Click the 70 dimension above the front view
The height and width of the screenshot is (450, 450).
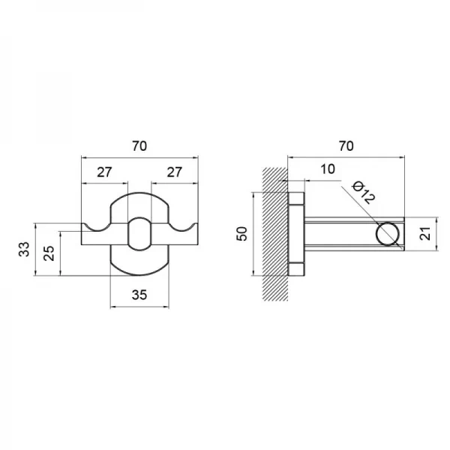[x=139, y=146]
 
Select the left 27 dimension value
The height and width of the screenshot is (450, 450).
[x=104, y=172]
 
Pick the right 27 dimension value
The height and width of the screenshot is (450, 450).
[x=175, y=172]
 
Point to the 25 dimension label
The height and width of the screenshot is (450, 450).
[x=49, y=253]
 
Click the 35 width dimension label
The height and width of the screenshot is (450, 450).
[x=139, y=295]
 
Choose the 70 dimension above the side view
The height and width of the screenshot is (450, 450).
[x=346, y=146]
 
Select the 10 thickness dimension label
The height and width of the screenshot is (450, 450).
[x=328, y=169]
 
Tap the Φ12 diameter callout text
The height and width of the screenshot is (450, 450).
[x=364, y=192]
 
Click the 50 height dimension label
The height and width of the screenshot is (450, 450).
[x=243, y=233]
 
